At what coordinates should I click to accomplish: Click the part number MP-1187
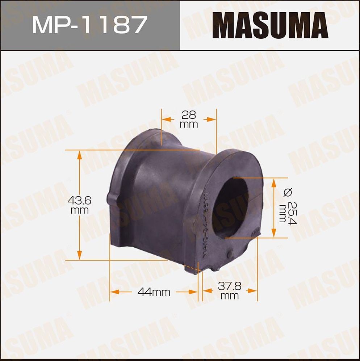[x=89, y=25]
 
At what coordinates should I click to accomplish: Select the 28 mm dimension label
[x=189, y=119]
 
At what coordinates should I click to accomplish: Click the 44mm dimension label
[x=154, y=292]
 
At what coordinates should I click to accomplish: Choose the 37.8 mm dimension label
[x=229, y=291]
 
